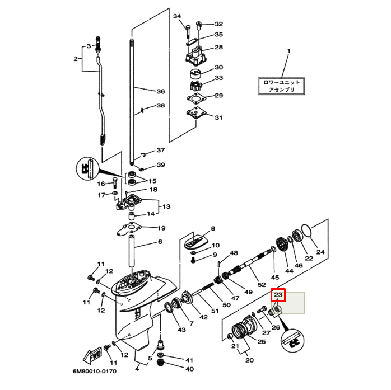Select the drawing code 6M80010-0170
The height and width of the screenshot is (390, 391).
tap(94, 371)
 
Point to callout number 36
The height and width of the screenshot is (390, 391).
tap(161, 92)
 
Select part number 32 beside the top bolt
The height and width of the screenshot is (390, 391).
tap(218, 24)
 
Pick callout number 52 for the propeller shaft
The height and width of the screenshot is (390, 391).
tap(262, 285)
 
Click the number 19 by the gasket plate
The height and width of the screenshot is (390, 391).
tap(161, 228)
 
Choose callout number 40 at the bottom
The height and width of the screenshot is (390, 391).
tap(189, 369)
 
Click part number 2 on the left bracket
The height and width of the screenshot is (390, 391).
tap(75, 58)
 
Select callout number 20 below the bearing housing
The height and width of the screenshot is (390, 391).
tap(249, 360)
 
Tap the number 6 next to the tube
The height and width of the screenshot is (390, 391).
tap(160, 242)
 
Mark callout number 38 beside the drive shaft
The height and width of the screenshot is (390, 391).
tap(161, 106)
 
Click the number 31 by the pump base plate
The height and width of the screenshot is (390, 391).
tap(218, 118)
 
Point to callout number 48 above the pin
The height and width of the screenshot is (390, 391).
tap(234, 253)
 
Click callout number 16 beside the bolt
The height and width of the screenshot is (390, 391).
tap(101, 184)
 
